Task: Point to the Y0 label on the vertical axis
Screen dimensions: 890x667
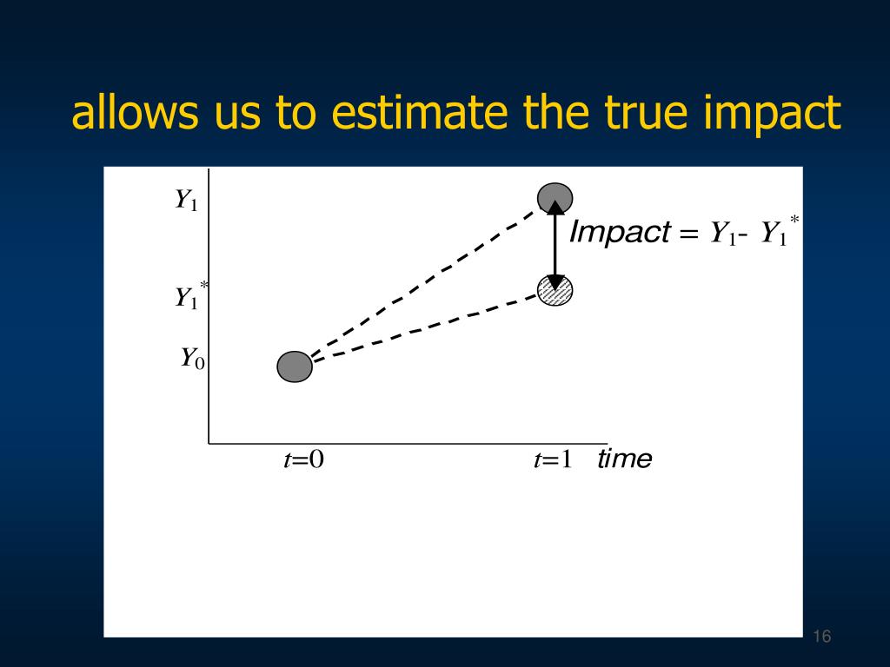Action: coord(192,359)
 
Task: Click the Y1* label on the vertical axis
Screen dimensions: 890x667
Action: coord(191,295)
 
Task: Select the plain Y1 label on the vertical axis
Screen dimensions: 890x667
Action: coord(186,200)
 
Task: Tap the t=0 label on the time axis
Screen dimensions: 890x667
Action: coord(303,459)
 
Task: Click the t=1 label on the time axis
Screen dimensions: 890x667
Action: coord(553,459)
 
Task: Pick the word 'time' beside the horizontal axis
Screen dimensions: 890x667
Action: coord(625,459)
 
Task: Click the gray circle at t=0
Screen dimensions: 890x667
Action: coord(295,367)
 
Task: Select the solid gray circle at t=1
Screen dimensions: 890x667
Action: coord(555,198)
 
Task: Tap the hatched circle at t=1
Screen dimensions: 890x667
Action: coord(555,290)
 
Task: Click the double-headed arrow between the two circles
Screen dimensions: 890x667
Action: coord(555,245)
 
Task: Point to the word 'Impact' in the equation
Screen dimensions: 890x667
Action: coord(620,232)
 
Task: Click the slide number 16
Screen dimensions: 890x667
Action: coord(822,637)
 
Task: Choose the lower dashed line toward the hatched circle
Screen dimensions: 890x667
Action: coord(426,327)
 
